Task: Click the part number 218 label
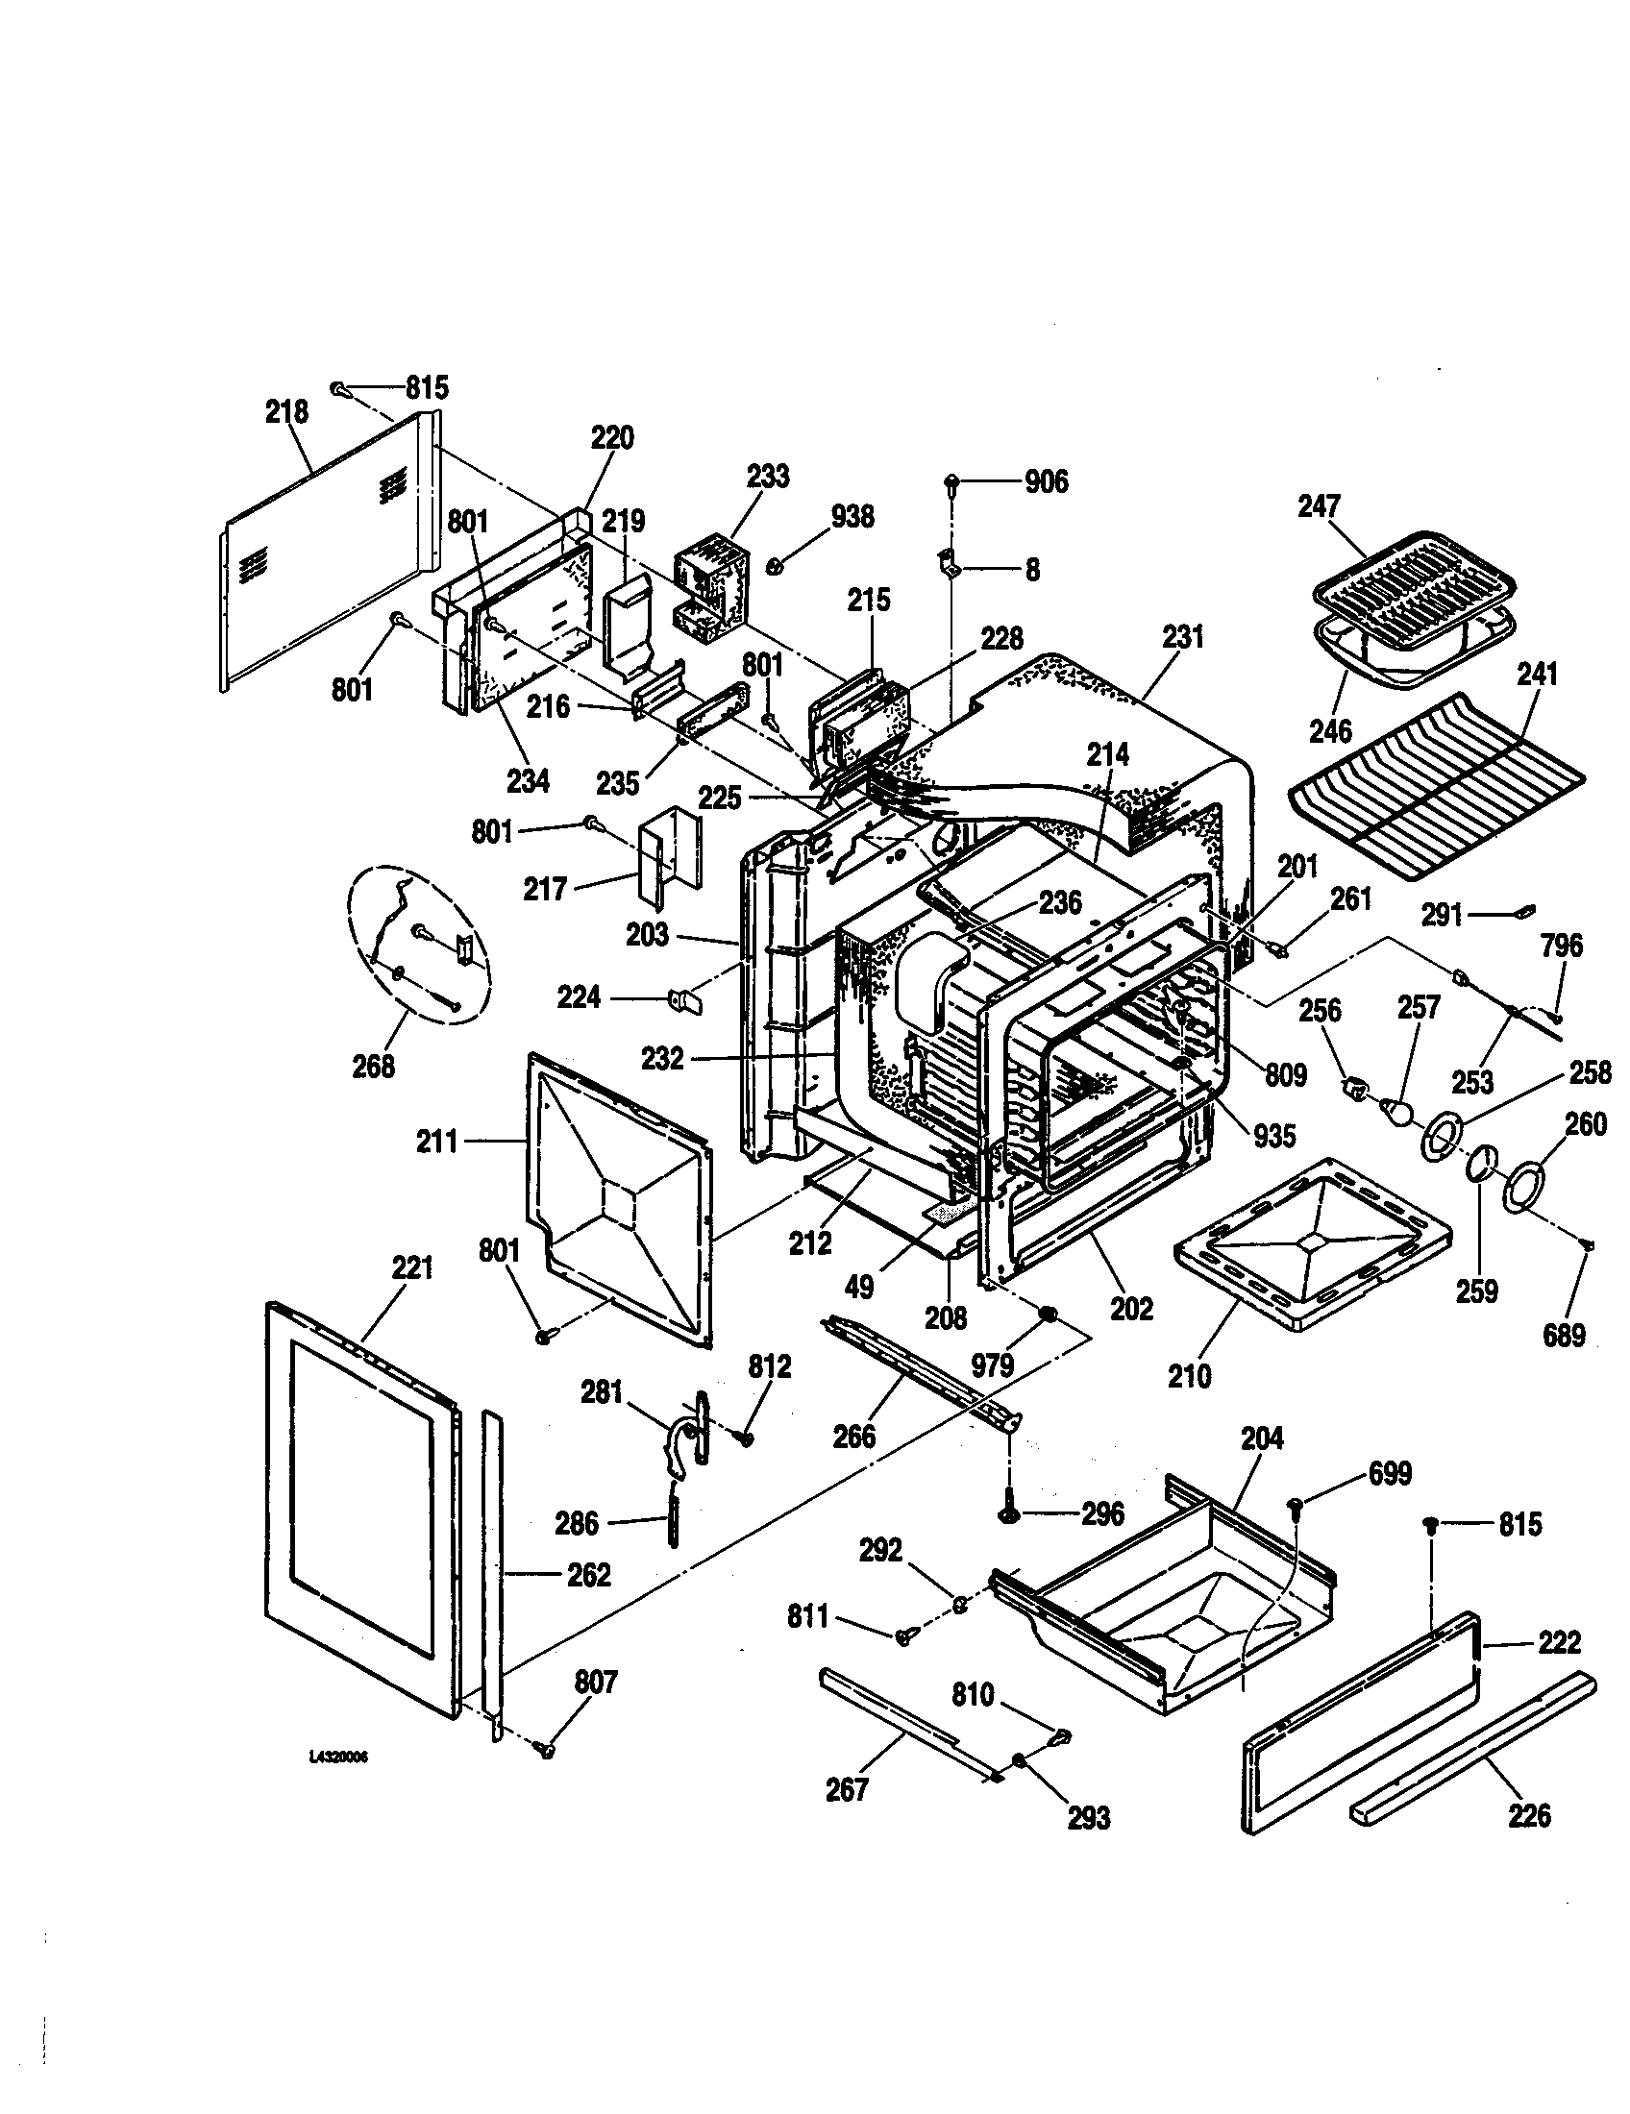click(286, 411)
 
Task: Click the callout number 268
click(374, 1067)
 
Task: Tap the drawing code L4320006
click(338, 1758)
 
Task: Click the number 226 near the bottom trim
click(1529, 1815)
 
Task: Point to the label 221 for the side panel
click(412, 1267)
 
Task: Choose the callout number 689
click(1564, 1337)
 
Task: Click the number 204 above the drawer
click(1262, 1465)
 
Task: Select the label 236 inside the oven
click(1060, 902)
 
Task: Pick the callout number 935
click(1273, 1136)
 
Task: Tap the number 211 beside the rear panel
click(436, 1143)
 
